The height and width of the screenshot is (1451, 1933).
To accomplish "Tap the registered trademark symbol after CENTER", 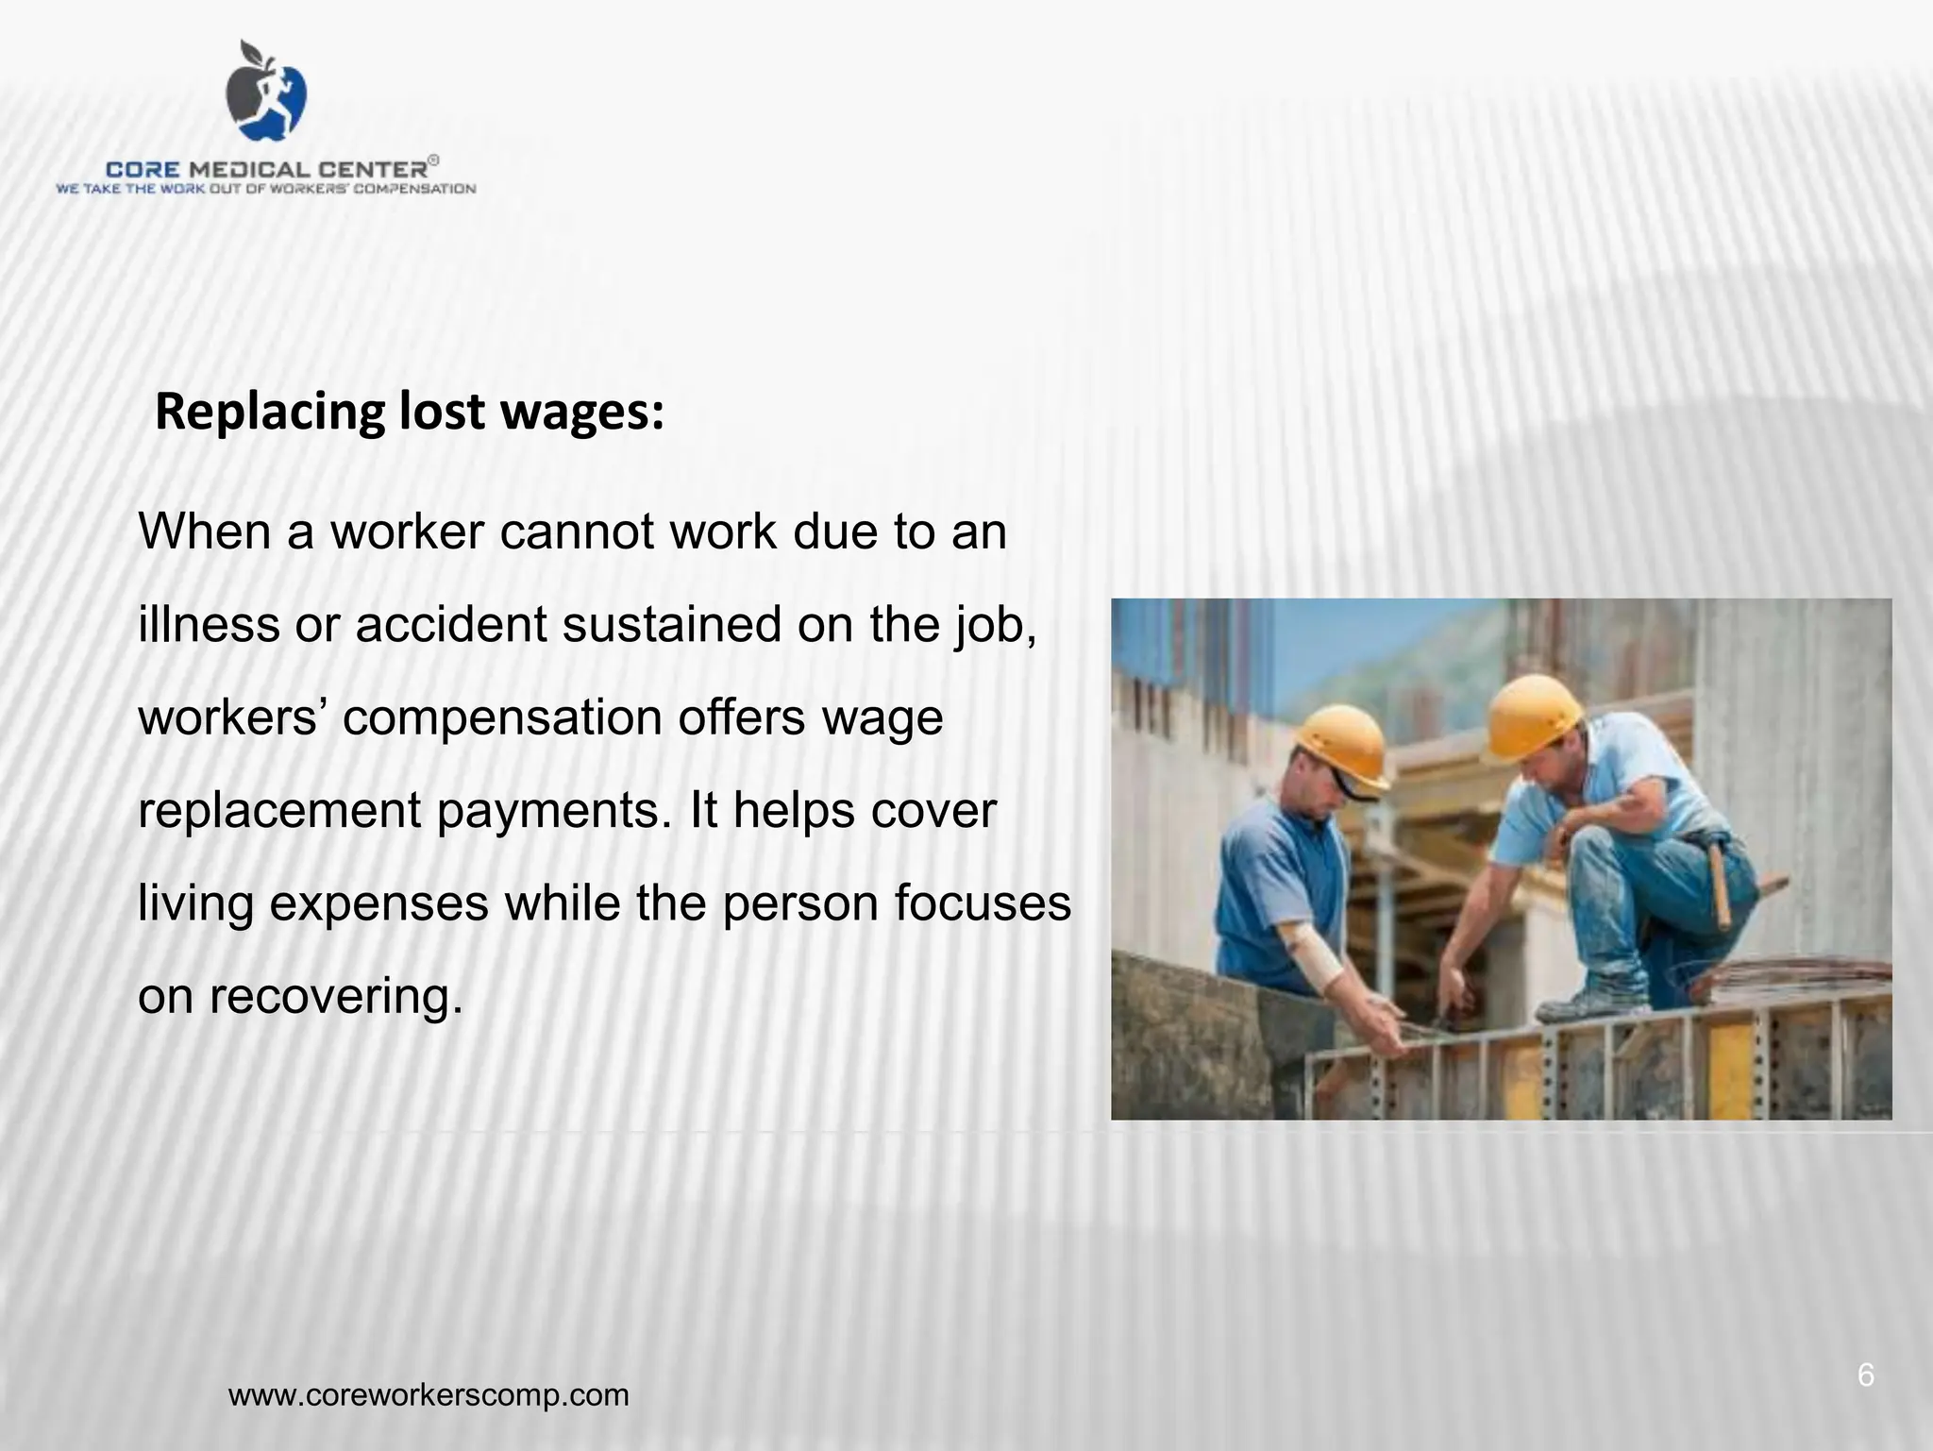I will [x=433, y=161].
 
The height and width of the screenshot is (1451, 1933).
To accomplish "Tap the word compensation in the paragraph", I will [x=501, y=718].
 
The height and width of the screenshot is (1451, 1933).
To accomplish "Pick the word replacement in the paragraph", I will [x=279, y=811].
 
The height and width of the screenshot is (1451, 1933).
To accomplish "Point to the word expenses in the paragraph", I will [x=378, y=903].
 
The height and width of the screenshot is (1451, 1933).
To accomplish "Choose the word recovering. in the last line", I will [x=336, y=996].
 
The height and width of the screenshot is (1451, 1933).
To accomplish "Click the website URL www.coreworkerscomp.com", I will [x=429, y=1394].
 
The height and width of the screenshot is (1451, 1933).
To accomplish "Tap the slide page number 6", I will [x=1865, y=1375].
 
